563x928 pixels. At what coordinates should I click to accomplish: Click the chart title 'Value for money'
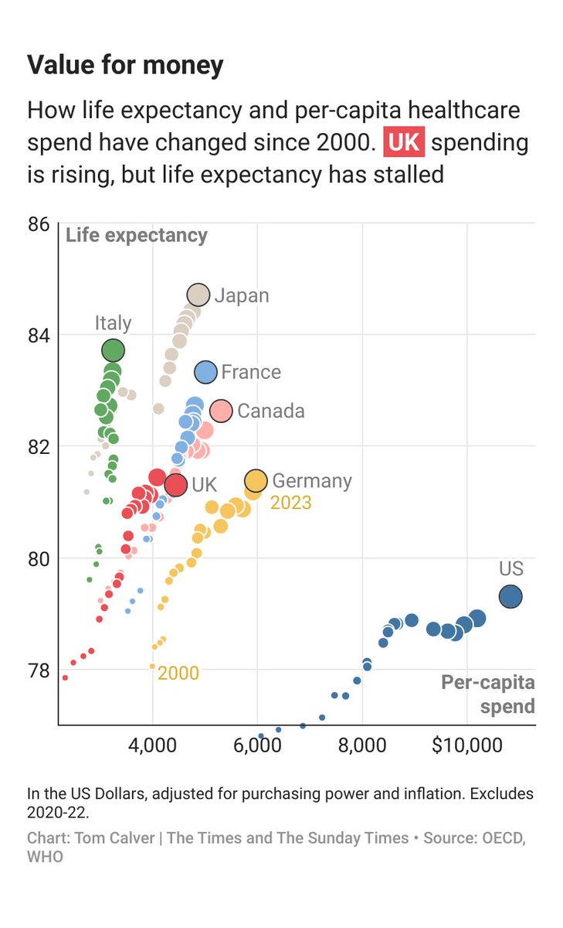pyautogui.click(x=125, y=65)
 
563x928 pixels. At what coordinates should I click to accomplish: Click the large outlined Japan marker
pyautogui.click(x=198, y=295)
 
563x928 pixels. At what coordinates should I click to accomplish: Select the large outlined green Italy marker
pyautogui.click(x=114, y=350)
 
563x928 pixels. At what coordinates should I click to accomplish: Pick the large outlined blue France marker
pyautogui.click(x=205, y=372)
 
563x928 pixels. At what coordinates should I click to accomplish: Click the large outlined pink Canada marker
pyautogui.click(x=221, y=411)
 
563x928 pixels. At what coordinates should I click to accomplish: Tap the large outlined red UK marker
pyautogui.click(x=176, y=485)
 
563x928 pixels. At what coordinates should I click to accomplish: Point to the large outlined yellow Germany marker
pyautogui.click(x=256, y=481)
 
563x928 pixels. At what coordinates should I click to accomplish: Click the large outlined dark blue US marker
pyautogui.click(x=510, y=596)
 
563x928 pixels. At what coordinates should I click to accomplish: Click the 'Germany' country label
pyautogui.click(x=312, y=481)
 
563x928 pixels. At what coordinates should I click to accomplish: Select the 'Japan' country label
pyautogui.click(x=242, y=295)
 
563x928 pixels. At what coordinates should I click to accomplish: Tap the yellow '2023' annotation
pyautogui.click(x=291, y=503)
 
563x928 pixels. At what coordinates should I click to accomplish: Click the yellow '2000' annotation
pyautogui.click(x=178, y=674)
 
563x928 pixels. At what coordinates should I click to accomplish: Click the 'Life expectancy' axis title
pyautogui.click(x=137, y=236)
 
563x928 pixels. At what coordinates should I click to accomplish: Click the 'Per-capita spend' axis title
pyautogui.click(x=489, y=694)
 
